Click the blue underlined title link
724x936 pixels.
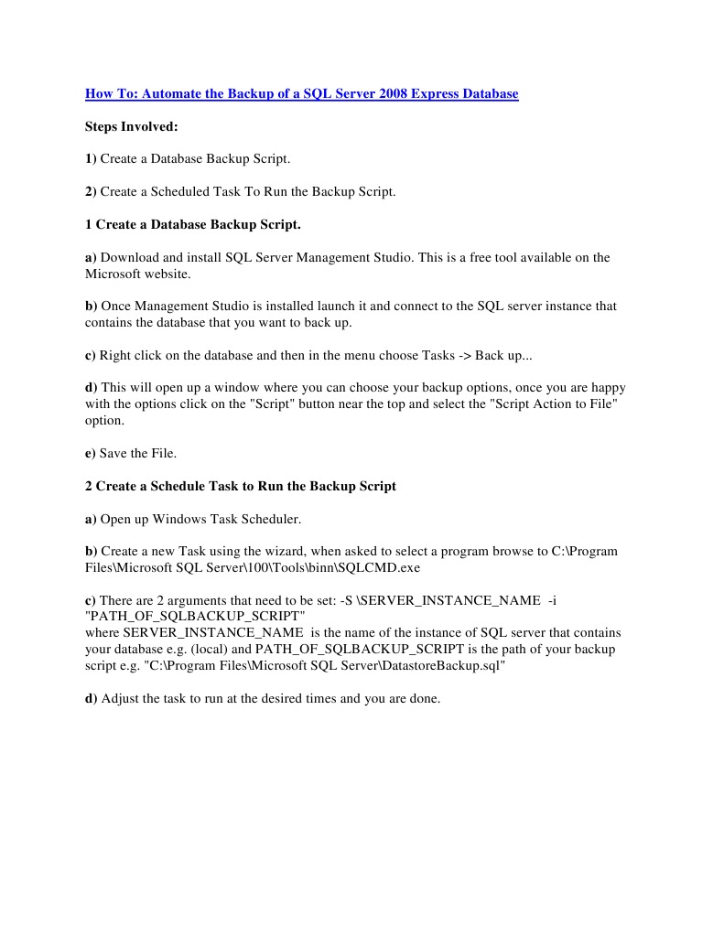coord(301,93)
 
